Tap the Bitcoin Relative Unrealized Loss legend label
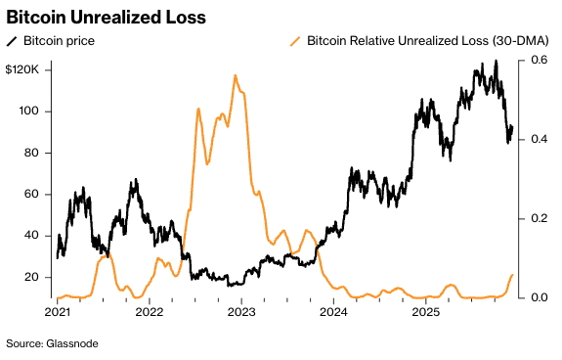click(427, 41)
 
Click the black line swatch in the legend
click(13, 41)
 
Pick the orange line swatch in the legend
click(295, 41)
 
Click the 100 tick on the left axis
click(29, 112)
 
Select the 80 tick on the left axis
click(30, 153)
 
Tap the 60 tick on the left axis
click(30, 195)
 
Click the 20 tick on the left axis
click(30, 278)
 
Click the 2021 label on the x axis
click(57, 313)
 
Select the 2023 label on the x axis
click(241, 313)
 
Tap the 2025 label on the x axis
click(426, 313)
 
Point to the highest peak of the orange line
click(236, 75)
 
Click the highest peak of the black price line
click(496, 62)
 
